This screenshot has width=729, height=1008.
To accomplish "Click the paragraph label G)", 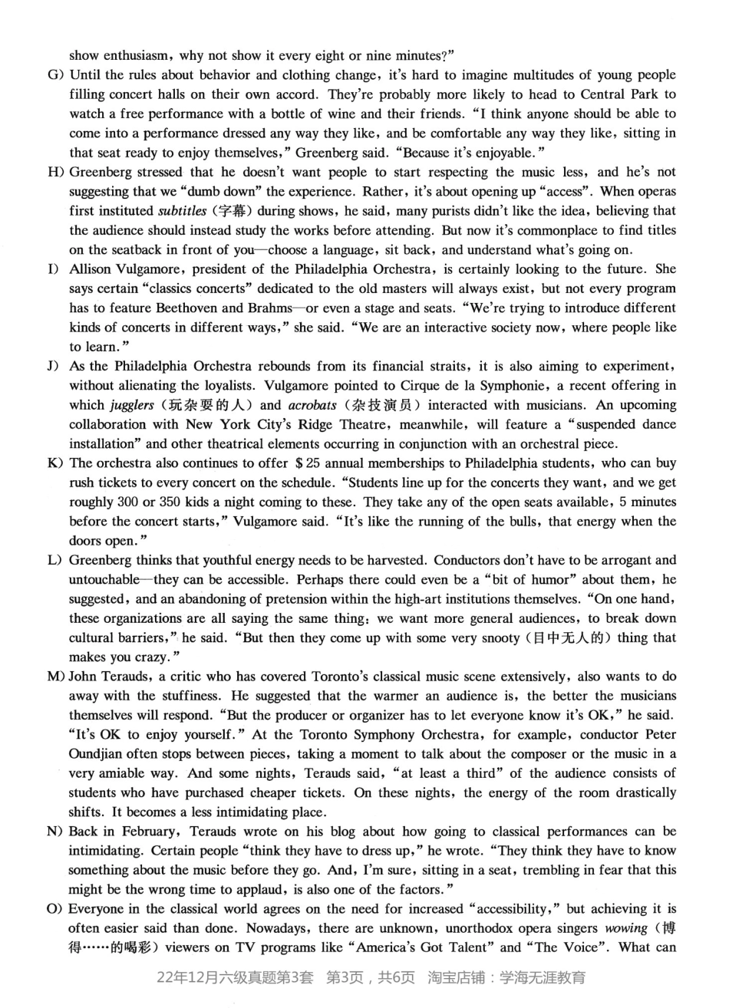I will [56, 75].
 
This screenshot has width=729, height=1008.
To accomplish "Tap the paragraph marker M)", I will [56, 677].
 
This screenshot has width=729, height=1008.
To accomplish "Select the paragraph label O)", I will [56, 909].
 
